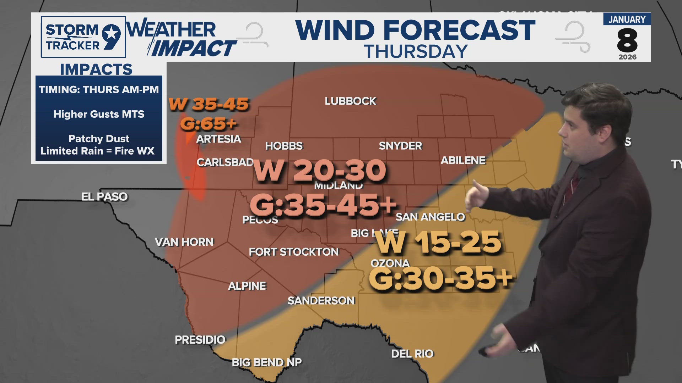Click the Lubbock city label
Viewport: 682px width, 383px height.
pyautogui.click(x=350, y=101)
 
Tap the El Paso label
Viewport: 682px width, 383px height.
pyautogui.click(x=104, y=196)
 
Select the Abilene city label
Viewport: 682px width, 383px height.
pyautogui.click(x=463, y=160)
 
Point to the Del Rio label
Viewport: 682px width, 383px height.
pyautogui.click(x=412, y=354)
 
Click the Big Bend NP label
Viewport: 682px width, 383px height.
pyautogui.click(x=266, y=362)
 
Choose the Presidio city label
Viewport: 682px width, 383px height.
pyautogui.click(x=200, y=340)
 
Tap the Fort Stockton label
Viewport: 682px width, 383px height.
pyautogui.click(x=294, y=252)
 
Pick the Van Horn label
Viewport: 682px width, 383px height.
pyautogui.click(x=184, y=242)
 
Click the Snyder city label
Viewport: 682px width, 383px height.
pyautogui.click(x=400, y=146)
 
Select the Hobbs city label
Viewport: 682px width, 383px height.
pyautogui.click(x=284, y=146)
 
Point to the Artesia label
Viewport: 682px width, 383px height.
pyautogui.click(x=218, y=139)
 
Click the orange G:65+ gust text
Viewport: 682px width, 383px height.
pyautogui.click(x=208, y=124)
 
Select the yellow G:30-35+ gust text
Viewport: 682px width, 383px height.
pyautogui.click(x=440, y=278)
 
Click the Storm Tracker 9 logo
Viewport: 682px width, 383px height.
pyautogui.click(x=83, y=37)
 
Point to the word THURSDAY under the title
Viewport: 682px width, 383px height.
pyautogui.click(x=416, y=52)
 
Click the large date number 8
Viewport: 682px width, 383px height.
pyautogui.click(x=627, y=41)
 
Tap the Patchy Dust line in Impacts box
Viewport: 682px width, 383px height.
pyautogui.click(x=99, y=138)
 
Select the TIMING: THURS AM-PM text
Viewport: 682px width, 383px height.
pyautogui.click(x=99, y=89)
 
